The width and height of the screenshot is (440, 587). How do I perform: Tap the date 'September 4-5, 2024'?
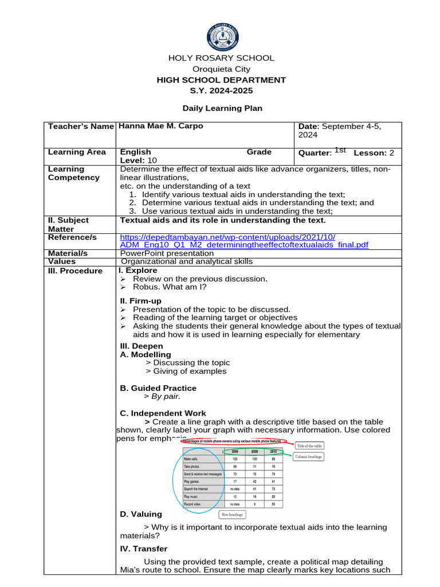[339, 131]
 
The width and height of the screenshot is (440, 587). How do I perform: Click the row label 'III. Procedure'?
[76, 271]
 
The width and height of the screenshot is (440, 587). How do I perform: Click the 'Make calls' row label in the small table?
[192, 459]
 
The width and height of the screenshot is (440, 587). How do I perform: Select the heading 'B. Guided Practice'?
[158, 388]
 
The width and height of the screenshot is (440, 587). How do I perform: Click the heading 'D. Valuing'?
[141, 514]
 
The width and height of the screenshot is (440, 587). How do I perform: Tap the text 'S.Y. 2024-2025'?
[221, 91]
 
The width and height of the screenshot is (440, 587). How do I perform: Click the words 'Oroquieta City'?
[221, 69]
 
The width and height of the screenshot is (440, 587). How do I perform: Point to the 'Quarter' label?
[314, 153]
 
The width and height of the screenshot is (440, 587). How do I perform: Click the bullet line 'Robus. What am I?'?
[170, 287]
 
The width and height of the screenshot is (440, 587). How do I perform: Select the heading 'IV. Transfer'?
[143, 549]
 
